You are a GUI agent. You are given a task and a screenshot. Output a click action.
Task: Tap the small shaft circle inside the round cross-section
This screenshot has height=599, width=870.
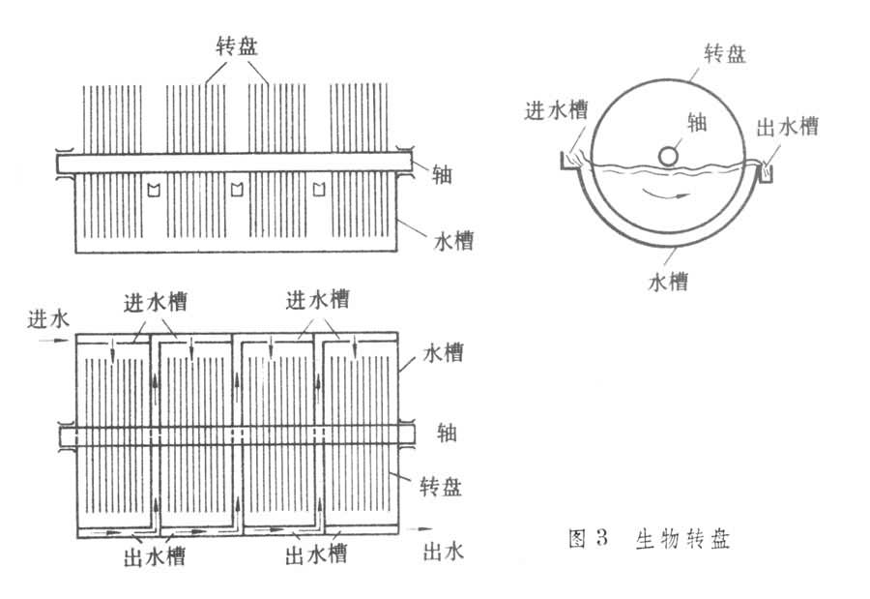(x=669, y=155)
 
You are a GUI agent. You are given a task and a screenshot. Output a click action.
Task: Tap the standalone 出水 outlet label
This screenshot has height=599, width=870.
(x=445, y=552)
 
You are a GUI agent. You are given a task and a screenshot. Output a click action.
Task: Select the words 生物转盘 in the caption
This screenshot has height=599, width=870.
(x=681, y=539)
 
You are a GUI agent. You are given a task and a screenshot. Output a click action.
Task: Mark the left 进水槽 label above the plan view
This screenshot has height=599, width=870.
(x=155, y=301)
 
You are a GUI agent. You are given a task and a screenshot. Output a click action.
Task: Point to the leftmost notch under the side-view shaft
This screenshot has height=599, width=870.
(x=151, y=188)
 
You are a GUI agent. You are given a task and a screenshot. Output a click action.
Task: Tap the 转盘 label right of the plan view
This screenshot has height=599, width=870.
(x=441, y=486)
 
